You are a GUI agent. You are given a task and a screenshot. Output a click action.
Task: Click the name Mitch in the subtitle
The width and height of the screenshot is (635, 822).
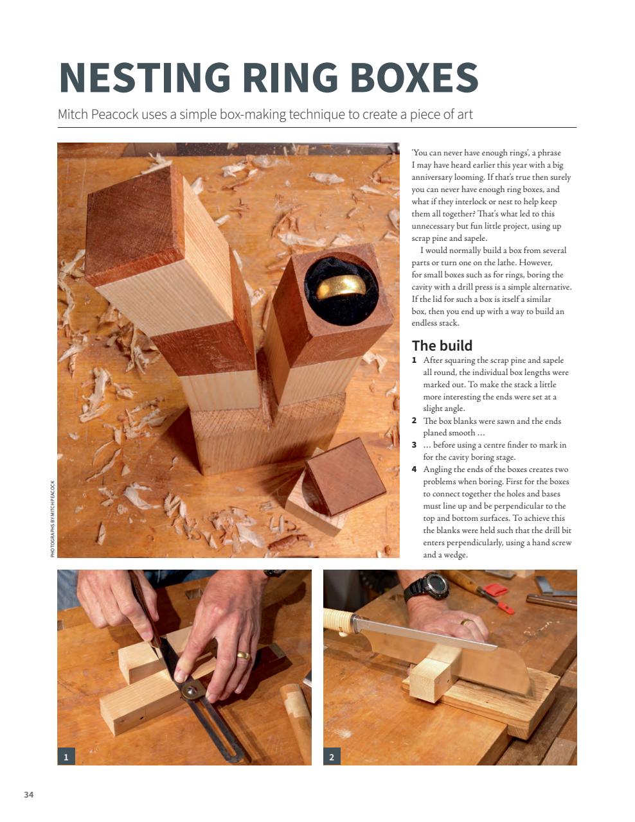(x=73, y=115)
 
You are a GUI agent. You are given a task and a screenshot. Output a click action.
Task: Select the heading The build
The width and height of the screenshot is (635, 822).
(x=442, y=345)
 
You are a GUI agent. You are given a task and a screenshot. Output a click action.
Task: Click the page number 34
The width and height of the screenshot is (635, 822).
(x=28, y=795)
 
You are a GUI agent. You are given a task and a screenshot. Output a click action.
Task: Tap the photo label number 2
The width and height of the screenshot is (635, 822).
(x=332, y=756)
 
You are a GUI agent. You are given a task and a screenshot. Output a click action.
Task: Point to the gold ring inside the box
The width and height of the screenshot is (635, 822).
(x=339, y=286)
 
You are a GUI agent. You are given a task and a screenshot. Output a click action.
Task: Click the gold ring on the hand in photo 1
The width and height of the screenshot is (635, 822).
(x=244, y=655)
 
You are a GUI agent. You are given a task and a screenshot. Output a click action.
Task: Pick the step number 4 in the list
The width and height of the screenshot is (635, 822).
(x=415, y=469)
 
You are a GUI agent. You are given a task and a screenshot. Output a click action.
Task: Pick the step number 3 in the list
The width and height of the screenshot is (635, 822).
(x=415, y=445)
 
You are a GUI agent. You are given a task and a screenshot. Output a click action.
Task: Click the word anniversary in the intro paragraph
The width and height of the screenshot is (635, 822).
(x=436, y=177)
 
